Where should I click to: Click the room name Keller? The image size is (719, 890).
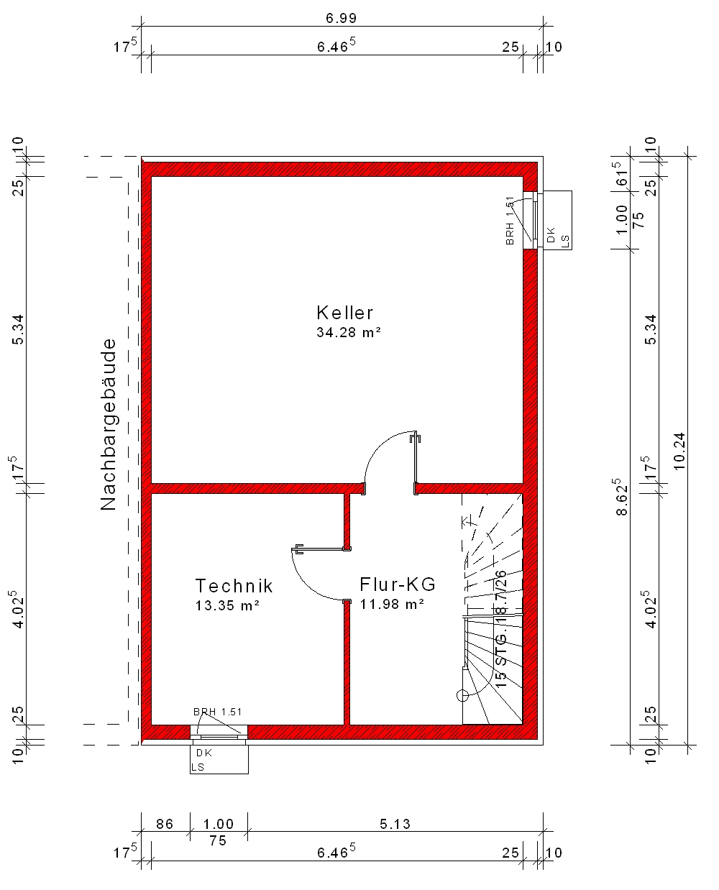coord(344,313)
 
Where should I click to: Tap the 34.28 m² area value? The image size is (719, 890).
coord(349,332)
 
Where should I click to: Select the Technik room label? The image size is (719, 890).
coord(234,586)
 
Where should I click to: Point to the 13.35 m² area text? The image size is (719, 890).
coord(227,605)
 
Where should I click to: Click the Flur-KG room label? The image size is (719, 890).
coord(398,584)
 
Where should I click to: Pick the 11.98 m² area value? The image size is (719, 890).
coord(392,604)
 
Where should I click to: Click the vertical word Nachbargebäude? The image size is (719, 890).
coord(108,425)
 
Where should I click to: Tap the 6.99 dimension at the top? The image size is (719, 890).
coord(342,19)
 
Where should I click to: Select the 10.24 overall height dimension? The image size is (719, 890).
coord(679,451)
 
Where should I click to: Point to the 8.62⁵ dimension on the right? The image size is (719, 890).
coord(622,497)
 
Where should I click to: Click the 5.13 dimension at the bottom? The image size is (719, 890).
coord(395,824)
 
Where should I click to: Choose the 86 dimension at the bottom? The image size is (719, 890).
coord(165,824)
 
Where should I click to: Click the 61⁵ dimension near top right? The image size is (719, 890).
coord(622,174)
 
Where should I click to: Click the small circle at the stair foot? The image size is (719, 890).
coord(462,696)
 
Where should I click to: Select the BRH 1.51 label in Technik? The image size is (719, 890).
coord(218,712)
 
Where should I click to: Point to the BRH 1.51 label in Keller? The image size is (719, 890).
coord(510,221)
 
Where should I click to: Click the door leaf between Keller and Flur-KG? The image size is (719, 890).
coord(416,459)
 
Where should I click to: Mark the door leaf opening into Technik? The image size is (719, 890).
coord(321,549)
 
